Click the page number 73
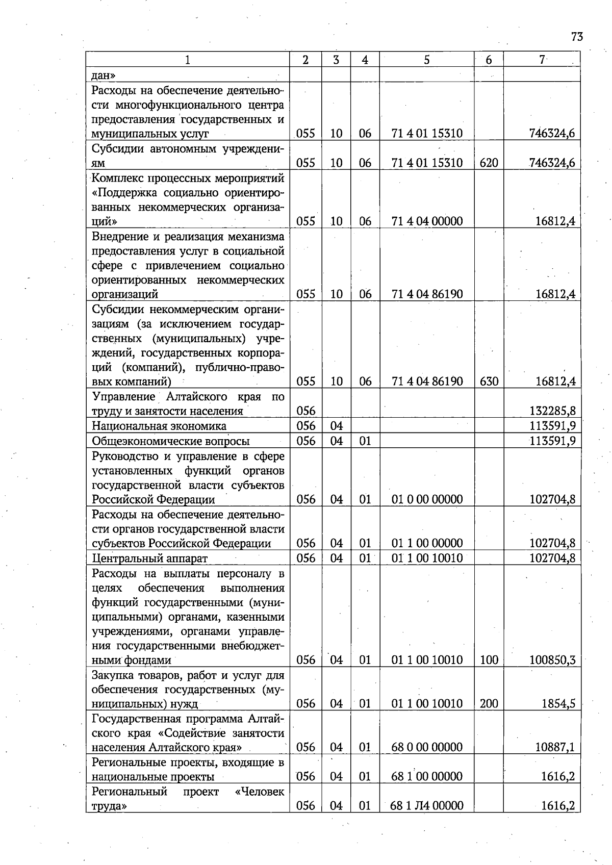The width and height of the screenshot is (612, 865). click(x=577, y=37)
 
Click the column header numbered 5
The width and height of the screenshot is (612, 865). click(x=426, y=60)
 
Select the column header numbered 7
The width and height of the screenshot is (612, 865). click(x=542, y=60)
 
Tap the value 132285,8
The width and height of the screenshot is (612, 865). click(x=553, y=411)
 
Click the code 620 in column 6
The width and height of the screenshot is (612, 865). click(x=489, y=163)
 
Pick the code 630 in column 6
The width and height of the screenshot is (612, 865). click(x=489, y=381)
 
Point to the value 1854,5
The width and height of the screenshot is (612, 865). click(x=558, y=704)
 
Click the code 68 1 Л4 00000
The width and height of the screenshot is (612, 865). click(x=427, y=806)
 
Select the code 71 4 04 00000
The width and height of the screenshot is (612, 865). click(x=427, y=221)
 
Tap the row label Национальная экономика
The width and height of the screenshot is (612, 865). click(x=159, y=426)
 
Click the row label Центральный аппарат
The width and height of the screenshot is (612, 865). click(x=150, y=558)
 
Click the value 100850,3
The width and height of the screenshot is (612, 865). click(x=553, y=660)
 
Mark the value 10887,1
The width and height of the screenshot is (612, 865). click(x=555, y=747)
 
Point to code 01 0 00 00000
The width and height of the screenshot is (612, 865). click(x=427, y=499)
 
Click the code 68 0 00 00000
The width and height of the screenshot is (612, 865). click(x=427, y=747)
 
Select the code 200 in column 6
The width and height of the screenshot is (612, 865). click(x=489, y=704)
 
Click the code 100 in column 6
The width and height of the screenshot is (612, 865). click(x=489, y=660)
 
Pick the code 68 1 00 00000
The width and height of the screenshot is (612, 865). click(x=427, y=777)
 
